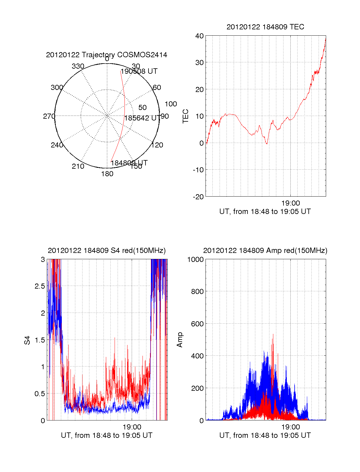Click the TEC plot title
(265, 27)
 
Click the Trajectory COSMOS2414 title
(106, 55)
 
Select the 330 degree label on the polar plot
(78, 66)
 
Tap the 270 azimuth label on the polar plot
(49, 116)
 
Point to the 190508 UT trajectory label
(139, 71)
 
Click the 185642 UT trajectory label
(141, 118)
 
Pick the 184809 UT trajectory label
(129, 163)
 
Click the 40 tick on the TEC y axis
(199, 36)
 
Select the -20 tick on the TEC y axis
(198, 197)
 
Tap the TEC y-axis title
(186, 116)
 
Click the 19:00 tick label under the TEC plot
(290, 203)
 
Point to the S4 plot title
(106, 251)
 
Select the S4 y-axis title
(27, 340)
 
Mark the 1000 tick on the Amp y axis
(195, 260)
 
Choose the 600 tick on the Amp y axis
(197, 324)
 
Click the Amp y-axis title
(180, 340)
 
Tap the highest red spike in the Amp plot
(273, 334)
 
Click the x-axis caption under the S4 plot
(106, 435)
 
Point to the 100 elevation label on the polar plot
(171, 104)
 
